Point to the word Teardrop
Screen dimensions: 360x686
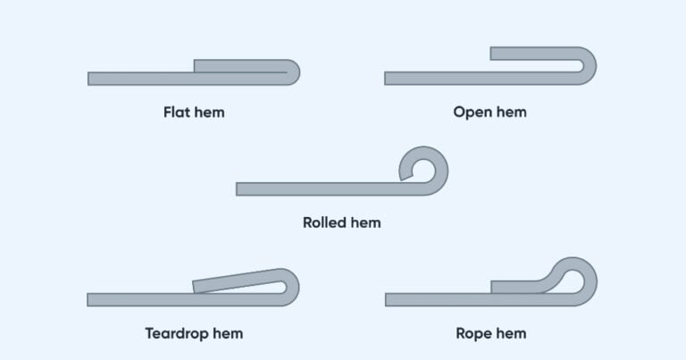tap(176, 334)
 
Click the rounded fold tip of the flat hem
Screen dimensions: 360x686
tap(293, 72)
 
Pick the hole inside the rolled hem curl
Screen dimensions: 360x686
tap(423, 169)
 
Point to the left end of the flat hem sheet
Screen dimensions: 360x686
tap(91, 79)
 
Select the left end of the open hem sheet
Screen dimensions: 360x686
tap(388, 79)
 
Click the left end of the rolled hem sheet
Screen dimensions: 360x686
tap(239, 188)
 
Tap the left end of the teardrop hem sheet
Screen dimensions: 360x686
tap(91, 299)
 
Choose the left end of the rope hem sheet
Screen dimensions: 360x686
tap(389, 299)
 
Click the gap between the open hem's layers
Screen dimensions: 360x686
tap(536, 66)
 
